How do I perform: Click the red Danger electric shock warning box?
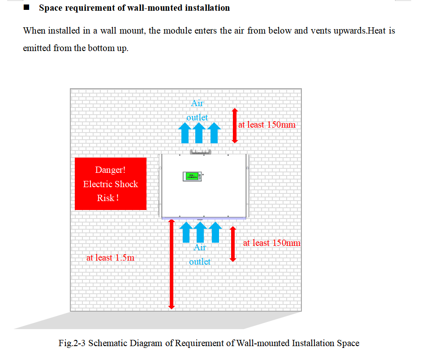point(111,184)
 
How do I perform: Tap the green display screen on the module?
point(192,176)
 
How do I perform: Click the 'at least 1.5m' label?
point(110,257)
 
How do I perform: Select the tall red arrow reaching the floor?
point(172,264)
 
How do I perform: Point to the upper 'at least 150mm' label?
point(267,124)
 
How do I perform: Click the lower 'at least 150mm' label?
point(271,243)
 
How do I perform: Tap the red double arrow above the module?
point(235,126)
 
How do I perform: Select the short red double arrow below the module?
point(233,244)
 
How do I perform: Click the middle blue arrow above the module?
point(199,133)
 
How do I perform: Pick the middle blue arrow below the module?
point(200,232)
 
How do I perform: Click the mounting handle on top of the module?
point(201,152)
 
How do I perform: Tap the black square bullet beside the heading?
point(26,8)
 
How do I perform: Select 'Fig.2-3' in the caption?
point(72,343)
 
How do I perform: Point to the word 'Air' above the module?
point(197,103)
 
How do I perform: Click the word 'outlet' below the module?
point(200,261)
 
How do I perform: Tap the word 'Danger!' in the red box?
point(110,170)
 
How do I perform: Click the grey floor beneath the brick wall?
point(158,320)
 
